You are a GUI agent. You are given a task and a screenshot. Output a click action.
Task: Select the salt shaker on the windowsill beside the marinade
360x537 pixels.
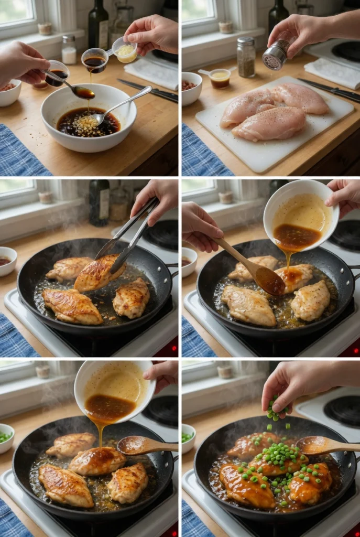[69, 50]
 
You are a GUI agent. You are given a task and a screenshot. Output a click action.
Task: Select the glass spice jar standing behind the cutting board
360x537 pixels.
[245, 57]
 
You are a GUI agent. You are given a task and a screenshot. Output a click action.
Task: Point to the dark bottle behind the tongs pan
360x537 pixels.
[99, 202]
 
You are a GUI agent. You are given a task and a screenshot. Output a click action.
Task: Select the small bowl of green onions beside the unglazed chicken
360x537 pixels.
[6, 437]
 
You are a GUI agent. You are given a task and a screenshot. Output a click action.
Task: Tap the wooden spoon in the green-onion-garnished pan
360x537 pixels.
[325, 445]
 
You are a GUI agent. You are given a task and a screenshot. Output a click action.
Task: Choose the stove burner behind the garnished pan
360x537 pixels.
[343, 409]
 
